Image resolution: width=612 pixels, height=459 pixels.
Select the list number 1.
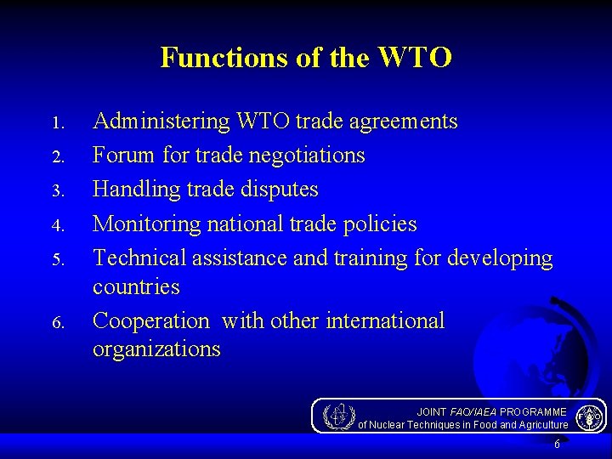click(x=57, y=123)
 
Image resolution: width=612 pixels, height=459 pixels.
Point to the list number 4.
click(x=57, y=226)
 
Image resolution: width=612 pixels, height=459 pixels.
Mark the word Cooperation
click(x=150, y=321)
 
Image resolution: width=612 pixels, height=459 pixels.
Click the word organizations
click(x=156, y=349)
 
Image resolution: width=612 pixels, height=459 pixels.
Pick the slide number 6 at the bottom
click(x=557, y=445)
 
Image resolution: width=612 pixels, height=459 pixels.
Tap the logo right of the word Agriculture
click(x=588, y=416)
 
